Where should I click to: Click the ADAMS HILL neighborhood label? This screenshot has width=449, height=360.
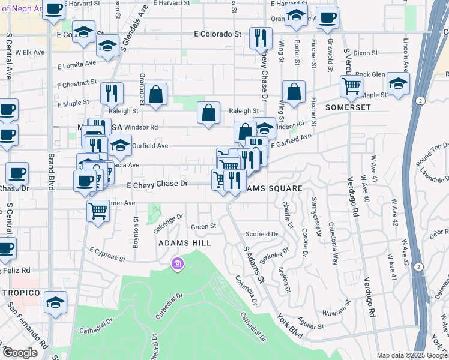[x=184, y=243]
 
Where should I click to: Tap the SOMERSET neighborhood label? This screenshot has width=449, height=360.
[x=348, y=107]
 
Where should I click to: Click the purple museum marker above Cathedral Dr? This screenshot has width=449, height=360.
[x=177, y=264]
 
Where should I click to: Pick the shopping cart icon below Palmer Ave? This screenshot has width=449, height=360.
[x=98, y=210]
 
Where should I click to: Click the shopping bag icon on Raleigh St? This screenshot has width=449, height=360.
[x=208, y=113]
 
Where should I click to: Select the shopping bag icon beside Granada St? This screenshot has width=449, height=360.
[x=155, y=94]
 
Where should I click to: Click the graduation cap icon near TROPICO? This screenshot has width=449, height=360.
[x=55, y=302]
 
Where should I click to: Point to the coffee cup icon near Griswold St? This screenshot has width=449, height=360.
[x=327, y=19]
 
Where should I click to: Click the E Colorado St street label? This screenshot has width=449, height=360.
[x=217, y=34]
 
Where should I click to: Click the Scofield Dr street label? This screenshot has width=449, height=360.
[x=262, y=234]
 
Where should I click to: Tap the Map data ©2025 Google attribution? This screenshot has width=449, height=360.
[x=412, y=355]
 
